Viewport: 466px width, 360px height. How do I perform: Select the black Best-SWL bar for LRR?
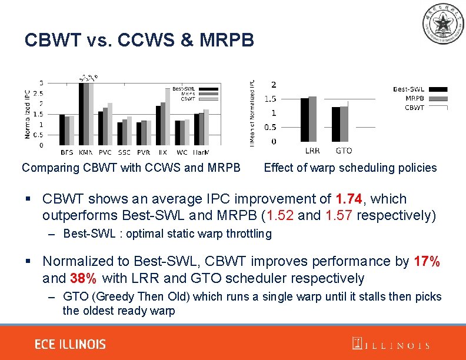[x=304, y=119]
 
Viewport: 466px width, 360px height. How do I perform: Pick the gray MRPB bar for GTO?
[x=344, y=124]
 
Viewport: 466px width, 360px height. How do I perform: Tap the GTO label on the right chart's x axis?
[x=344, y=151]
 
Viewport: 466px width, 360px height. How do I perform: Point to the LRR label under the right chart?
[x=312, y=151]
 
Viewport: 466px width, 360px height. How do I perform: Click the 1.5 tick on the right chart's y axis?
[x=270, y=98]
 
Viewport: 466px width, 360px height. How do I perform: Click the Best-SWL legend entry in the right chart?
[x=408, y=89]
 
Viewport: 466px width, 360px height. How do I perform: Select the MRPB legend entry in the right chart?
[x=414, y=98]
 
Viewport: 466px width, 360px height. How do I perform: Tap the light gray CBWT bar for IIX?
[x=167, y=116]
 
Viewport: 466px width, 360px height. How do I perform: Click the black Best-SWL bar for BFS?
[x=62, y=129]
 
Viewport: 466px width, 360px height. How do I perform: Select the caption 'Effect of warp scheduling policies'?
[x=350, y=168]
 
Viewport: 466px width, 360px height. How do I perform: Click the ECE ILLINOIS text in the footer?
[x=70, y=344]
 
